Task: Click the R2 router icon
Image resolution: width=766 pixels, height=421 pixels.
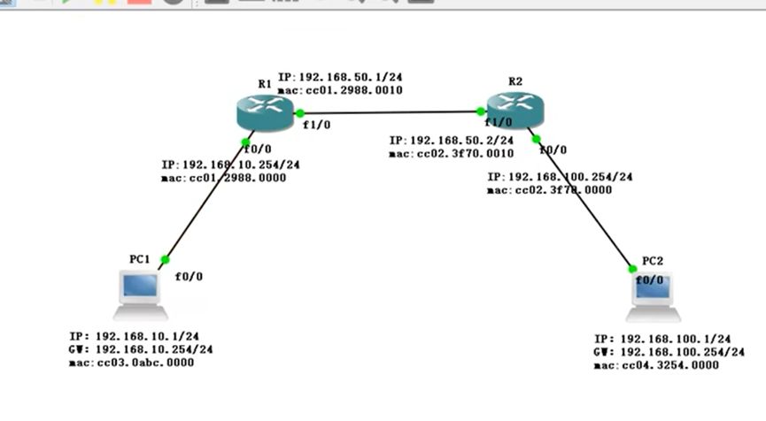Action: pyautogui.click(x=515, y=109)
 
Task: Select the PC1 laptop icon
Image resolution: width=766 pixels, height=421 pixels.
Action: pyautogui.click(x=140, y=295)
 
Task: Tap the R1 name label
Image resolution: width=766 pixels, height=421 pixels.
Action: pyautogui.click(x=264, y=84)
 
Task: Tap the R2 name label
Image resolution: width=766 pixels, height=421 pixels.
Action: pyautogui.click(x=515, y=81)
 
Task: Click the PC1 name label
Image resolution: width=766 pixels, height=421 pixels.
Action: pyautogui.click(x=138, y=259)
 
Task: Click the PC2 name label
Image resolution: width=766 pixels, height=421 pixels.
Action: pyautogui.click(x=652, y=260)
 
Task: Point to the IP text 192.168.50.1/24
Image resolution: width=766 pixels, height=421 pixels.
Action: pyautogui.click(x=340, y=78)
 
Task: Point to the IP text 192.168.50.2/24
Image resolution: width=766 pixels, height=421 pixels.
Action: pyautogui.click(x=452, y=141)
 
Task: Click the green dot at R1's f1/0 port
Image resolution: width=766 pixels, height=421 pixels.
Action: pyautogui.click(x=300, y=113)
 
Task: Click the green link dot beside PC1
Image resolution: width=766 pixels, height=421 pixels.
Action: pyautogui.click(x=163, y=260)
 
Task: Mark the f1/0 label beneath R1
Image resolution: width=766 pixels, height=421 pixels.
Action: pyautogui.click(x=316, y=125)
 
